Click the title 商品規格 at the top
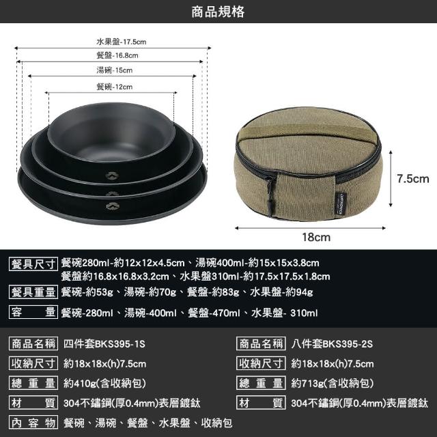click(x=218, y=12)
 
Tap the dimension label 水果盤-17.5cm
click(x=122, y=42)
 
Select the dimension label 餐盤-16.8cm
click(x=117, y=55)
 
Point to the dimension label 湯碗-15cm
click(x=115, y=70)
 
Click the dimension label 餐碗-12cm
click(x=115, y=87)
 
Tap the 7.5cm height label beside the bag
click(x=413, y=179)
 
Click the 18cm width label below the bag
click(x=316, y=237)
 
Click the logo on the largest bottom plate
click(x=113, y=206)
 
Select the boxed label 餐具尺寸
click(x=33, y=264)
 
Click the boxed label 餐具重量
click(x=33, y=292)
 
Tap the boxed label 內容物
click(x=33, y=422)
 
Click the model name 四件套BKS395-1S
click(x=104, y=343)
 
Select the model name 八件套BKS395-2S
click(x=332, y=343)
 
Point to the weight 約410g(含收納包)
click(x=104, y=384)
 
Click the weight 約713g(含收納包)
click(x=333, y=384)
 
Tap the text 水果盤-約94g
click(x=281, y=292)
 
